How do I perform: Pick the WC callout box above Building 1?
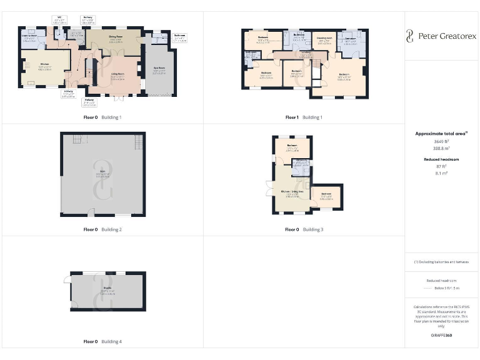pos(60,20)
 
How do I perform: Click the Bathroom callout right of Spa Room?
pos(180,37)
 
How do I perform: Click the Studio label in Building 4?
pos(107,291)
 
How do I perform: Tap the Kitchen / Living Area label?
pos(292,192)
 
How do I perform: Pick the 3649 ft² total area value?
pos(441,142)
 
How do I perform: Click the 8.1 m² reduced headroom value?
pos(441,174)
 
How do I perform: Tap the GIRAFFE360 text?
pos(441,336)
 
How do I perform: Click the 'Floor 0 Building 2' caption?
pos(102,229)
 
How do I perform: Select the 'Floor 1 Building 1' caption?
pos(304,117)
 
